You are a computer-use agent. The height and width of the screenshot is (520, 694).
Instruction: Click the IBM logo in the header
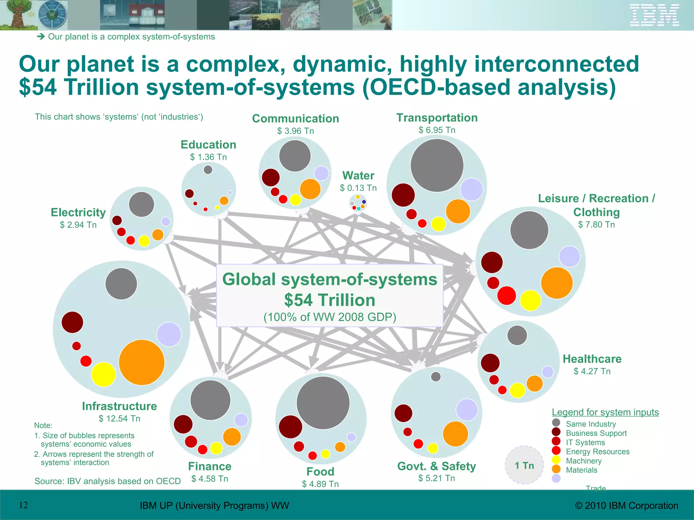point(654,15)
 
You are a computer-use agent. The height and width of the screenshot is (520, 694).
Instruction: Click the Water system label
point(358,176)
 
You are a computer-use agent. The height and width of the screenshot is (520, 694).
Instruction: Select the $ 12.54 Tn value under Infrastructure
point(119,419)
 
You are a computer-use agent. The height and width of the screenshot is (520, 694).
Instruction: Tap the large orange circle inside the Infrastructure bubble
point(142,363)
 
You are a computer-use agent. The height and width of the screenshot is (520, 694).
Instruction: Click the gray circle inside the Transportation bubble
point(437,166)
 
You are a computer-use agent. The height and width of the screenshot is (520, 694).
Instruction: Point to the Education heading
point(208,145)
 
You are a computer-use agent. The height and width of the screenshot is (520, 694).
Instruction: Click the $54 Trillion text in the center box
point(329,300)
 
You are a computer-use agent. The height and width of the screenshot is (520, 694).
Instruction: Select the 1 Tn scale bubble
point(524,465)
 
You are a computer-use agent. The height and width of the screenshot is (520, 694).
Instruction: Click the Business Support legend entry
point(596,433)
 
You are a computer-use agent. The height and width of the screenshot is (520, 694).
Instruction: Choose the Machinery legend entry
point(584,461)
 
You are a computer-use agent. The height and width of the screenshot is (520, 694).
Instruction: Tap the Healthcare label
point(592,359)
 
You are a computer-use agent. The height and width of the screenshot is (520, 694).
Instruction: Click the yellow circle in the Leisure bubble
point(530,300)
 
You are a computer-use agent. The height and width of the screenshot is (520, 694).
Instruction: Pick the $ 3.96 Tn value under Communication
point(295,131)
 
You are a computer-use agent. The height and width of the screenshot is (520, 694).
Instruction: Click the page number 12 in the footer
point(23,505)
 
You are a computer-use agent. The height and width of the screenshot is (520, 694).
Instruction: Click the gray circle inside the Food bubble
point(323,403)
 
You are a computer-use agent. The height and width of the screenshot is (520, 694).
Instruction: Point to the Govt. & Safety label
point(436,466)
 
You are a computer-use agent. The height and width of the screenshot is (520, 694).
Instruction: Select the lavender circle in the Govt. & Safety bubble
point(467,410)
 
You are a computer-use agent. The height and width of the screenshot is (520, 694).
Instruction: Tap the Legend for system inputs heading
point(605,412)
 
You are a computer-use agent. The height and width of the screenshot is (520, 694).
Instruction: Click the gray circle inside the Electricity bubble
point(141,204)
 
